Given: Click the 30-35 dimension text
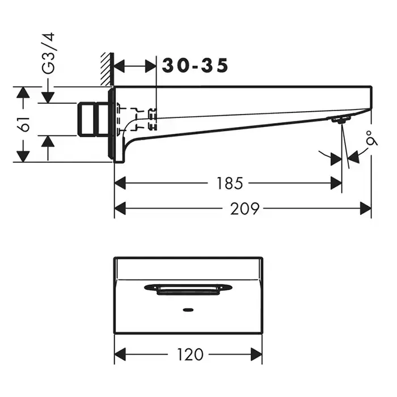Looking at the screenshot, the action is [195, 66].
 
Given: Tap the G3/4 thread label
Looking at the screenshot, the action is [48, 53].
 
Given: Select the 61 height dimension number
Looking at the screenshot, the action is [25, 124].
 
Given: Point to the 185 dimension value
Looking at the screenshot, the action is [230, 183].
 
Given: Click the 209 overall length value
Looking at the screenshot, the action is [245, 208].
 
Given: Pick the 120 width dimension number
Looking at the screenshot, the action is [190, 354].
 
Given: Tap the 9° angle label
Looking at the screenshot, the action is [371, 138].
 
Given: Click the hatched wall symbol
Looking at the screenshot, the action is [106, 69].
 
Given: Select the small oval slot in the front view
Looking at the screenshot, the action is [188, 310].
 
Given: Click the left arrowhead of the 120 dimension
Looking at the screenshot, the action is [120, 354].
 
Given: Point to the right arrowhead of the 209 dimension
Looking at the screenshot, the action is [366, 208].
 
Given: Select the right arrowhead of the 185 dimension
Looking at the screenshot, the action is [336, 183].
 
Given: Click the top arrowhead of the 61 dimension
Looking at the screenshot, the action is [23, 92].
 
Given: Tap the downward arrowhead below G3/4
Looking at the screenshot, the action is [48, 98].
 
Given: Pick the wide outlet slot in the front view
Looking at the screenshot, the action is [188, 290].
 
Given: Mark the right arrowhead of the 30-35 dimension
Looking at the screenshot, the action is [151, 66].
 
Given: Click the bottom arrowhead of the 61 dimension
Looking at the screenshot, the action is [23, 156].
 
